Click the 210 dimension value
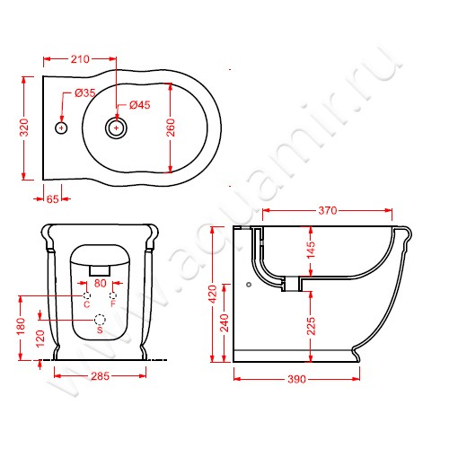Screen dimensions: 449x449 (x=80, y=59)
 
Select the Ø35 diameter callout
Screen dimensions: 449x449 (x=85, y=93)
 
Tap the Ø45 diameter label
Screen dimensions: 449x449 (x=140, y=105)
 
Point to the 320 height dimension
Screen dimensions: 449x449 (x=24, y=128)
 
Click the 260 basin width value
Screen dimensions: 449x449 (x=171, y=128)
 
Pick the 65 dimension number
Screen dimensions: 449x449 (x=53, y=199)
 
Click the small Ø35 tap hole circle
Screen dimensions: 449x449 (x=61, y=128)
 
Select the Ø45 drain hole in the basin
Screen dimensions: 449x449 (x=116, y=128)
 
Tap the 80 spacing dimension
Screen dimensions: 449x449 (x=101, y=283)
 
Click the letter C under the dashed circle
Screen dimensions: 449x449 (x=86, y=304)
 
